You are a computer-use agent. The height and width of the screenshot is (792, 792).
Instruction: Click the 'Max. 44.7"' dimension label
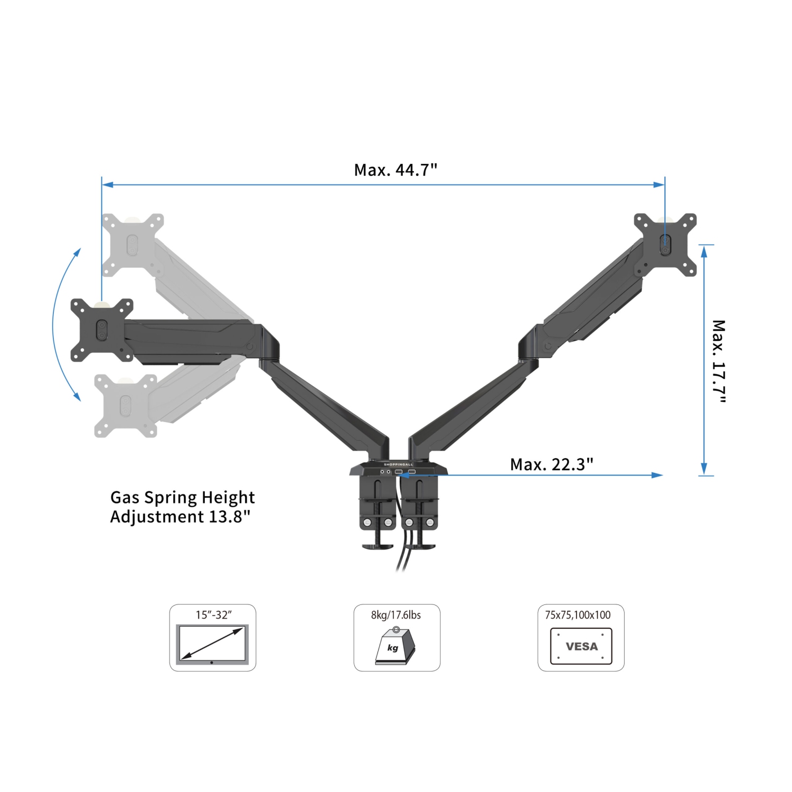395,170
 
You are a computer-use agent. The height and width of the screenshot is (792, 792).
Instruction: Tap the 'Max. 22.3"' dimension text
551,464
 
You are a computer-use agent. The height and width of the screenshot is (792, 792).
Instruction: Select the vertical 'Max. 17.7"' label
719,361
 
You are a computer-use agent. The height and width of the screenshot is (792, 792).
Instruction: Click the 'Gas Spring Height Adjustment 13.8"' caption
182,507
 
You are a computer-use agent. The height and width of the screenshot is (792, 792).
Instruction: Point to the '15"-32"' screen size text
213,615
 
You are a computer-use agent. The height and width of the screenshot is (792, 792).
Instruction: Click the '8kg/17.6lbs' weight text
396,615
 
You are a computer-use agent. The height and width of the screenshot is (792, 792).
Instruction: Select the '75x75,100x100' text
578,615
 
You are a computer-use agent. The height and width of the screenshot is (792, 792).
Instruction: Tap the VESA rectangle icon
581,646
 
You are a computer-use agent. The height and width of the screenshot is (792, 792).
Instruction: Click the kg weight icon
395,646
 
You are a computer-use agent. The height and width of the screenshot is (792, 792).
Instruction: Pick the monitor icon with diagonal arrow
212,644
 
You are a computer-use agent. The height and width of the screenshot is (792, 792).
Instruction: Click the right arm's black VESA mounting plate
665,245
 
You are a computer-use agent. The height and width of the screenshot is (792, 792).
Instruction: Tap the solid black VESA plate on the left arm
102,330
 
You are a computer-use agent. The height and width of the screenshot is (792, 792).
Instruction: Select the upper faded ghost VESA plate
133,245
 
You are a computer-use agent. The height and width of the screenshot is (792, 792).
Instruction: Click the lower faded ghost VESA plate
126,406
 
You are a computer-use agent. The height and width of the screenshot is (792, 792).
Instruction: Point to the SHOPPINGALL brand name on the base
398,464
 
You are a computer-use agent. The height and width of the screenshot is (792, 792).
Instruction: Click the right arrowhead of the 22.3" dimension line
657,475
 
